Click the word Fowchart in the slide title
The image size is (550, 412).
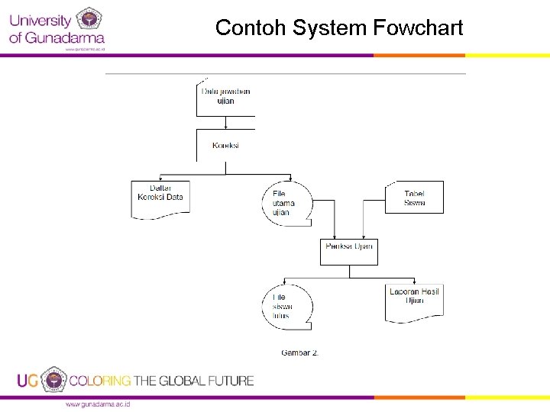tap(418, 29)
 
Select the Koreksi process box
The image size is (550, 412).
tap(225, 145)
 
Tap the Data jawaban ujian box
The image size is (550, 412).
tap(225, 96)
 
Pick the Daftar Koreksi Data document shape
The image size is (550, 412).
tap(160, 198)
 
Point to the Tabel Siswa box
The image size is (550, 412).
tap(414, 198)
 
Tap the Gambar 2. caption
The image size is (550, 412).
tap(300, 352)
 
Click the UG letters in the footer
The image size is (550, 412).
tap(27, 380)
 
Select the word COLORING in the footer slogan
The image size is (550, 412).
tap(101, 380)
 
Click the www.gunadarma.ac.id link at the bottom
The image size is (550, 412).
tap(98, 403)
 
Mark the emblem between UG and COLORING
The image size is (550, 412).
tap(53, 379)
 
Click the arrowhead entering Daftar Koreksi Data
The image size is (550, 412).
tap(160, 179)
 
